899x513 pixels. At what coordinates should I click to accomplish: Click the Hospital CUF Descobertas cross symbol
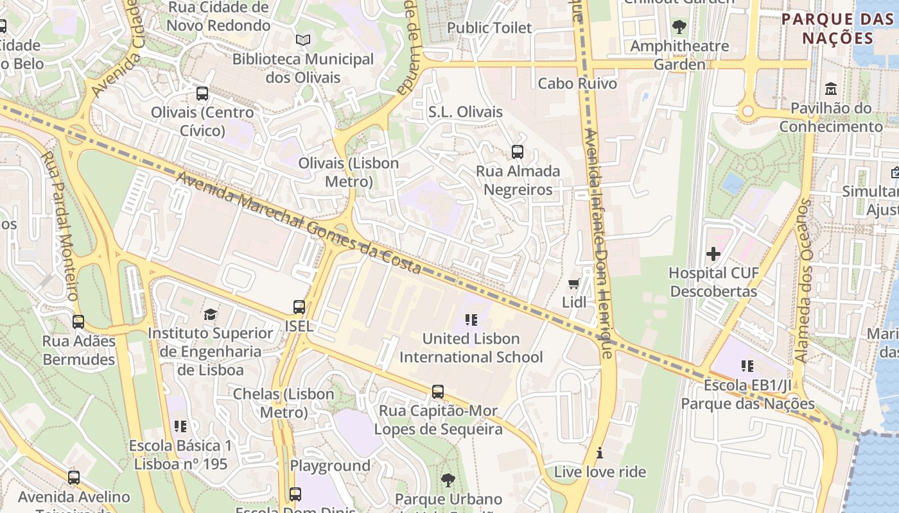[713, 254]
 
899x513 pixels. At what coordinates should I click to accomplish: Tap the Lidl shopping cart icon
[574, 283]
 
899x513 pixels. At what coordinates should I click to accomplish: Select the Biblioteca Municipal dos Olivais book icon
[303, 40]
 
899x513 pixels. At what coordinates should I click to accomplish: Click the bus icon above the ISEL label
[299, 307]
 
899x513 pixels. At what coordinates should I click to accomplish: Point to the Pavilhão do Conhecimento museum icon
[831, 88]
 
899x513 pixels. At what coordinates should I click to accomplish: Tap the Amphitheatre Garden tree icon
[679, 27]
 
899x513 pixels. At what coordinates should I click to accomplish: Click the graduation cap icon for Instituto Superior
[210, 314]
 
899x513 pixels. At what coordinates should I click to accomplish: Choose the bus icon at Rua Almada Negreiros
[518, 152]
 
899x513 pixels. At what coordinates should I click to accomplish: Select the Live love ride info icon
[600, 453]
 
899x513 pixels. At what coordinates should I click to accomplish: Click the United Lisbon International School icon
[471, 319]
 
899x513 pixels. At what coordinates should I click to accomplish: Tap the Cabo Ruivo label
[577, 83]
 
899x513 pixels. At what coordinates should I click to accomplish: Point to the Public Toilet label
[489, 28]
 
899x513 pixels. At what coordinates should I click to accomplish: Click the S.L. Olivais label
[466, 112]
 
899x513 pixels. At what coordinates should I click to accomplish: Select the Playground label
[330, 466]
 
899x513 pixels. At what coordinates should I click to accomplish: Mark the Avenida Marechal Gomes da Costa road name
[299, 223]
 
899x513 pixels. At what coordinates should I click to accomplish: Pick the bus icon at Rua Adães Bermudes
[78, 322]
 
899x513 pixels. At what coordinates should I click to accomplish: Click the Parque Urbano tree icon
[448, 480]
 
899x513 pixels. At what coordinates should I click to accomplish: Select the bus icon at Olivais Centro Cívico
[202, 94]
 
